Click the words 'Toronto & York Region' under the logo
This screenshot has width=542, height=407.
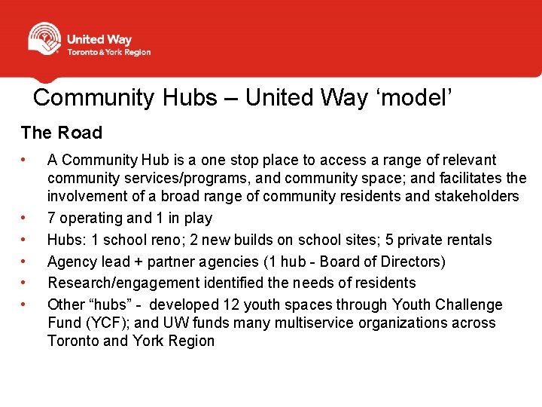(x=108, y=52)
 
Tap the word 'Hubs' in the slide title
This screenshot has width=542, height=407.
(x=194, y=97)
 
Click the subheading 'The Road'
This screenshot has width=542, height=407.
(x=61, y=133)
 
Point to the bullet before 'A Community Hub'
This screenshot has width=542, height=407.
(x=25, y=160)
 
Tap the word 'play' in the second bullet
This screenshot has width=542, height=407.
(x=198, y=219)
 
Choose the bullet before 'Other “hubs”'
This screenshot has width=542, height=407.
(x=25, y=305)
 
